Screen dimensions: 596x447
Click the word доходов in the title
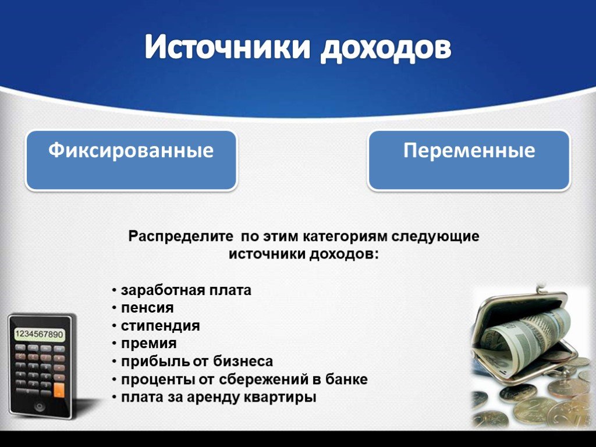coord(386,48)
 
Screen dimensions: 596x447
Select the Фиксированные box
coord(131,160)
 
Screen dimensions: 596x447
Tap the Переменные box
coord(469,160)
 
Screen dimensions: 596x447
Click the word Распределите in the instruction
coord(180,236)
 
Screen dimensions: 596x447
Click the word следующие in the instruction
coord(435,236)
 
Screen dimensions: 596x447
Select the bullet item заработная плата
coord(186,290)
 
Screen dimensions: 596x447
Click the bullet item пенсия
coord(147,308)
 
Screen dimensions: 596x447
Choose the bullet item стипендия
coord(161,326)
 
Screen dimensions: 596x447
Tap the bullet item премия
coord(148,343)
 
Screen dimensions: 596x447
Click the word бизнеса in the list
coord(243,361)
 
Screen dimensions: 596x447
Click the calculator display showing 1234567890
coord(39,335)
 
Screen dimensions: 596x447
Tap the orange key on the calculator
coord(59,390)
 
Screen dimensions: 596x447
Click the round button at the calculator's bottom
coord(40,407)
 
